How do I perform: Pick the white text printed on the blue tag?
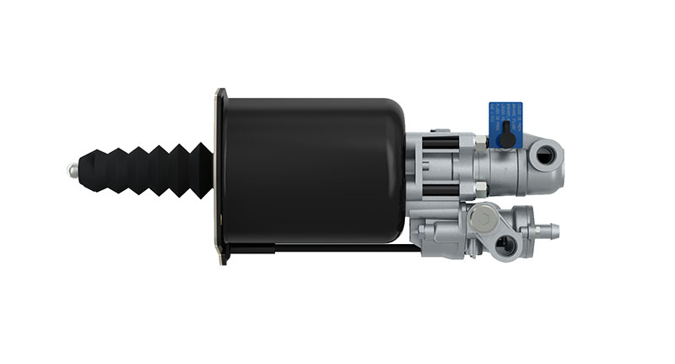click(513, 111)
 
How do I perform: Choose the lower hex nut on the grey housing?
click(479, 187)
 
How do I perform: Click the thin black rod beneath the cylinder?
click(337, 248)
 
